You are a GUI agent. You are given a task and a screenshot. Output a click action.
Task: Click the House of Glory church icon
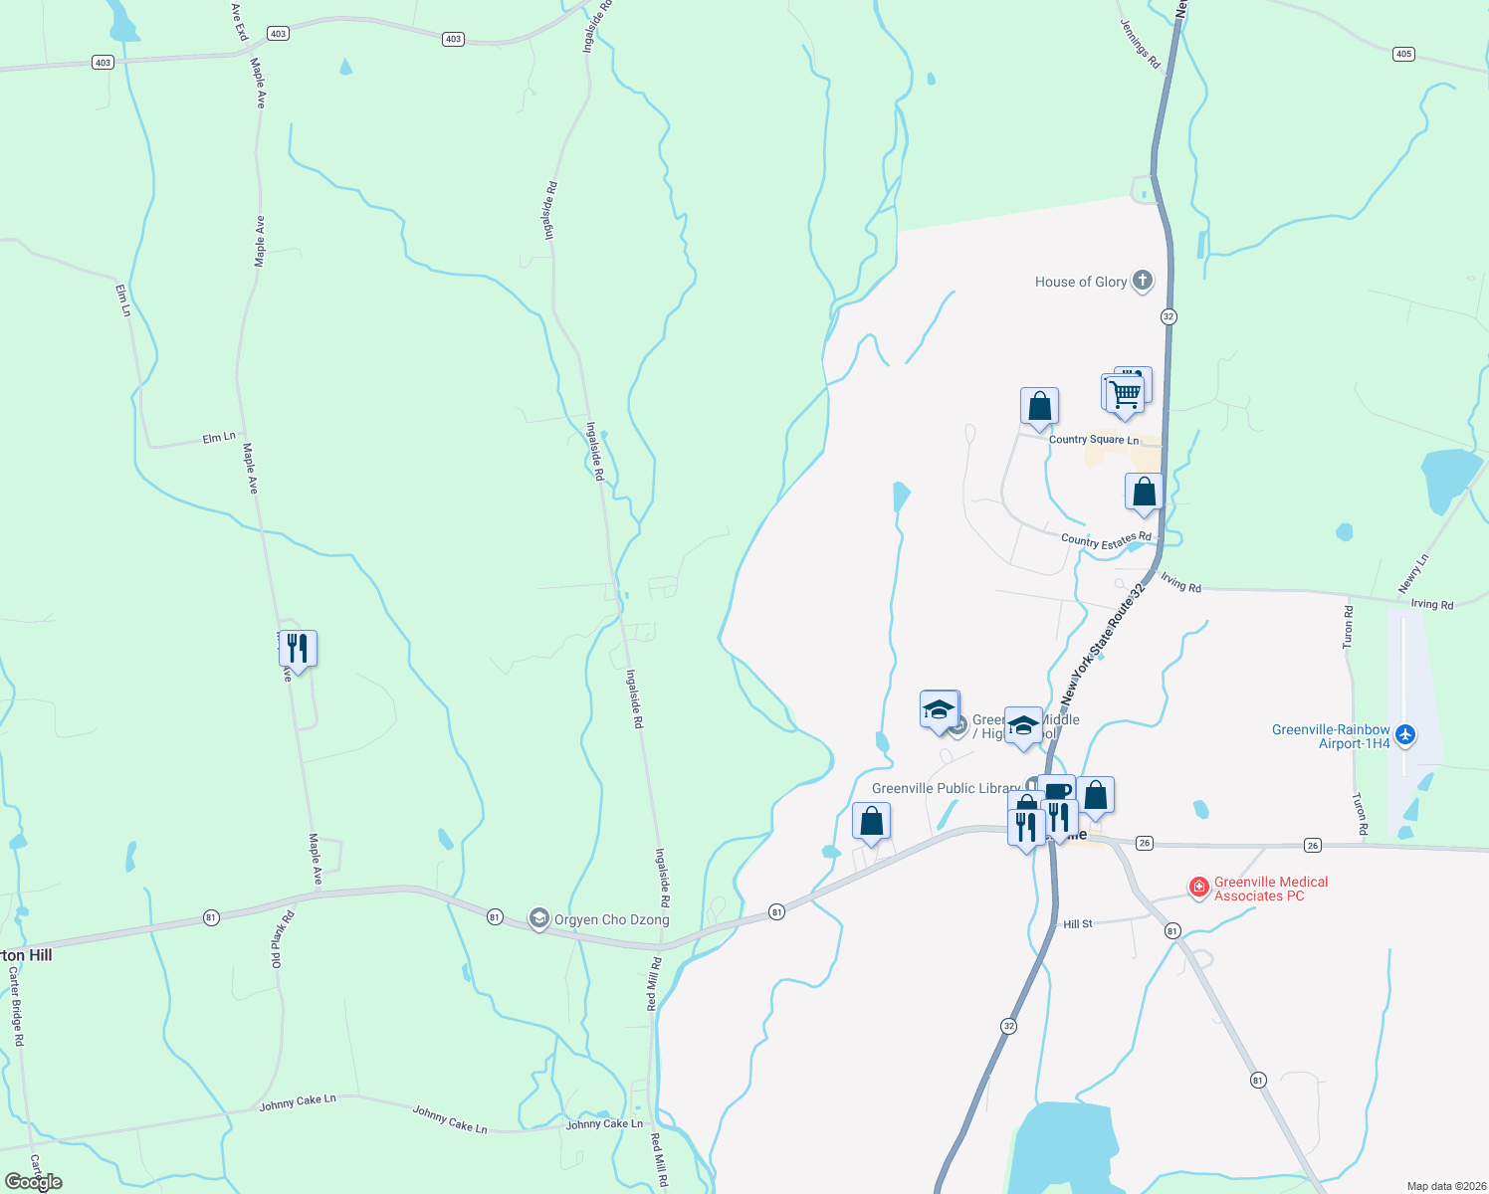tap(1143, 281)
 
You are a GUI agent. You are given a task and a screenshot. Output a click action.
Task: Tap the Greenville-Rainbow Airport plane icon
tap(1404, 735)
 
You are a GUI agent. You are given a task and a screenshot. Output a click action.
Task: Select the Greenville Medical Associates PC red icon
tap(1199, 887)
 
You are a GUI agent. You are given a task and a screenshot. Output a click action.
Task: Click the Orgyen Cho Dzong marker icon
tap(538, 918)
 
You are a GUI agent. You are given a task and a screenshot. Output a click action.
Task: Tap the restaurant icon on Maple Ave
tap(298, 649)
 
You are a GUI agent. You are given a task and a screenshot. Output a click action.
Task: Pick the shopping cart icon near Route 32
tap(1125, 393)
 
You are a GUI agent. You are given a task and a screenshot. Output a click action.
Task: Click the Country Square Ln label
tap(1093, 439)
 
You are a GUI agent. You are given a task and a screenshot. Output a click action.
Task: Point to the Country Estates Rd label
tap(1106, 540)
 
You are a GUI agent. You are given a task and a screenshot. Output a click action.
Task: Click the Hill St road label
tap(1077, 924)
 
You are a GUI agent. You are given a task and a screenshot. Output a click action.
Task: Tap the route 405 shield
tap(1403, 54)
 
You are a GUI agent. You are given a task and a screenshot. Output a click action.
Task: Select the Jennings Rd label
tap(1141, 45)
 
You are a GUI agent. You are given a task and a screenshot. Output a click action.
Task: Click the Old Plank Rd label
tap(283, 940)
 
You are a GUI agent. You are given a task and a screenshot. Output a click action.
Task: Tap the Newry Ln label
tap(1413, 574)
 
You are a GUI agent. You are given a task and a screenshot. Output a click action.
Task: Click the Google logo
tap(34, 1181)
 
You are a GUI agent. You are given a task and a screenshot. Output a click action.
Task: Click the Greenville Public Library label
tap(946, 788)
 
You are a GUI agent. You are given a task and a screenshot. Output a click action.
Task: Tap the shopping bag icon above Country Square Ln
tap(1039, 407)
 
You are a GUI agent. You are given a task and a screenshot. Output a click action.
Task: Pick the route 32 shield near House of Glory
tap(1169, 316)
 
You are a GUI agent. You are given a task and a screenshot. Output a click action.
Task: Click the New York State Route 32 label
tap(1103, 645)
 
